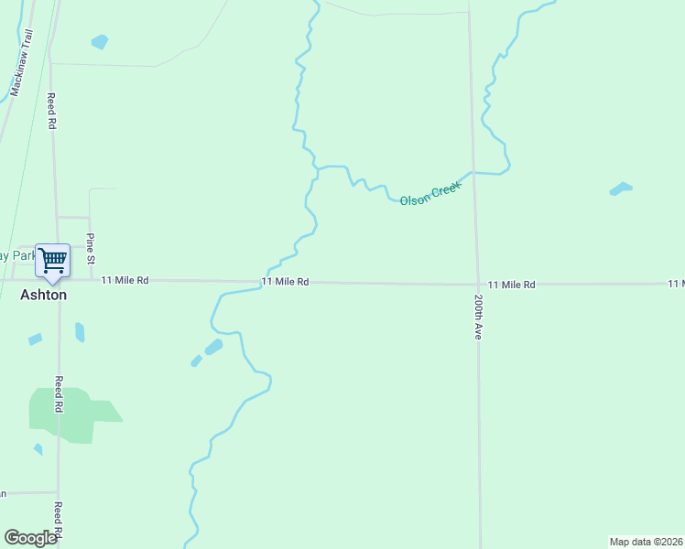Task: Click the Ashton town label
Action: point(44,296)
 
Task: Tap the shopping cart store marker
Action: point(52,260)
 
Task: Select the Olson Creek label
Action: point(430,192)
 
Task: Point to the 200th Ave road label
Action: point(478,318)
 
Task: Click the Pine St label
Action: point(90,248)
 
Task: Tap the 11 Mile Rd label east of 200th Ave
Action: point(511,285)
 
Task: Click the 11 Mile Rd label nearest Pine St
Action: point(125,280)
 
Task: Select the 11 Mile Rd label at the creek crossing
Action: point(285,282)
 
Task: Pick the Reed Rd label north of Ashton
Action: point(52,110)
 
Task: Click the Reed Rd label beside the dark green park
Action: point(58,394)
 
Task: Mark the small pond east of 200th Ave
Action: point(621,189)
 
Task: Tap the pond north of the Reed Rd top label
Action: point(99,41)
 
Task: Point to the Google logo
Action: point(30,538)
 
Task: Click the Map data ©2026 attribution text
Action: point(646,542)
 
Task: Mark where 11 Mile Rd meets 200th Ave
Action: point(477,284)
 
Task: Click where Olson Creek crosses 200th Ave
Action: point(473,172)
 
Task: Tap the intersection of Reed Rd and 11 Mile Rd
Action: point(57,280)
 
